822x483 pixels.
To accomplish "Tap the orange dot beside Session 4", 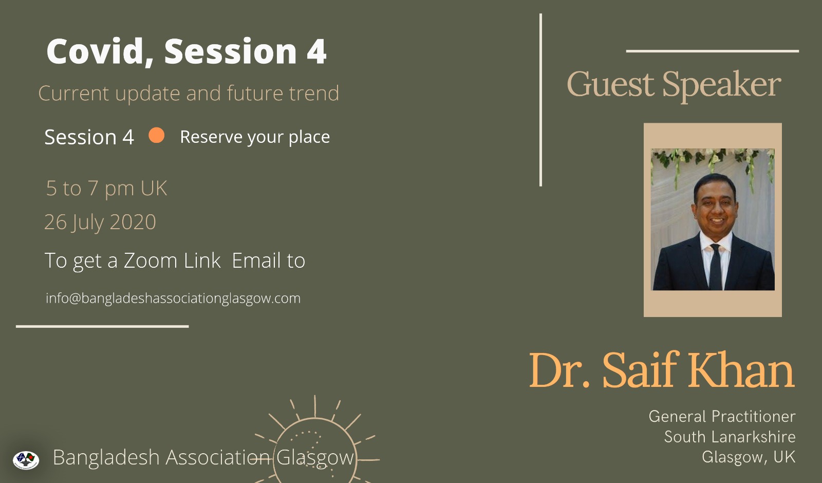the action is (x=156, y=135).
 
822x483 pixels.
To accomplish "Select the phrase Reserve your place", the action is (x=255, y=137).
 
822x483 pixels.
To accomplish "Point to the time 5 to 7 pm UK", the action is (x=106, y=188).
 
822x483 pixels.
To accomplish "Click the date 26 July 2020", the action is (x=100, y=222).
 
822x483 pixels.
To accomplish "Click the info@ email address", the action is (x=173, y=298).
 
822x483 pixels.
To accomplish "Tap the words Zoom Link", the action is (x=172, y=260).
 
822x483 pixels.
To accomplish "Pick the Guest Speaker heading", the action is (x=674, y=85).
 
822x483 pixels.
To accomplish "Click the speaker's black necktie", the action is (x=715, y=266).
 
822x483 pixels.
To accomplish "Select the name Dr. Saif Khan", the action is (x=662, y=370).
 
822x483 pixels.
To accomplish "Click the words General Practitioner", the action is (x=722, y=417).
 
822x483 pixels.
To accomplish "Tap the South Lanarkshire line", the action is (x=730, y=437).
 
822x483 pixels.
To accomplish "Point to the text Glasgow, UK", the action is (x=749, y=457).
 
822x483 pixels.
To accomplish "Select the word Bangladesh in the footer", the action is (x=106, y=458).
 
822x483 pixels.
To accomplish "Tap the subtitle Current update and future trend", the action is (x=189, y=93).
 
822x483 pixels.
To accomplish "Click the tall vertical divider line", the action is (x=540, y=100).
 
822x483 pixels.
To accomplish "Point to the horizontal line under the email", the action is (x=102, y=326).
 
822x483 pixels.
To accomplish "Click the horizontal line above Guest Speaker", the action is (x=712, y=51).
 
